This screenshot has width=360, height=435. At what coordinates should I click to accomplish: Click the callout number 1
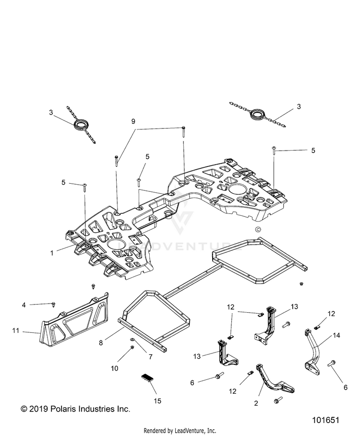coord(52,253)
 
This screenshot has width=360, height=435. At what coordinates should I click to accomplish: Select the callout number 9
coord(133,121)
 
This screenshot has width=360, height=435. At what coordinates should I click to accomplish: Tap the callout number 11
coord(15,330)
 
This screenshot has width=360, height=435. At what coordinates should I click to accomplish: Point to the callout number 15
coord(157,401)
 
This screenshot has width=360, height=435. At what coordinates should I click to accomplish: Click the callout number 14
coord(336,335)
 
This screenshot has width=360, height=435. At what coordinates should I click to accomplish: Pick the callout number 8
coord(101,343)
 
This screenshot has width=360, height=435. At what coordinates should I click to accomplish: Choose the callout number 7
coord(150,357)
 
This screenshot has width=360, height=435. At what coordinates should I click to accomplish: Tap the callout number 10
coord(114,368)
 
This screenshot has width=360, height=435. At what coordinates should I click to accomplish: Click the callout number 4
coord(24,305)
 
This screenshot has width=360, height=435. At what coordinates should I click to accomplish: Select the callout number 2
coord(256,403)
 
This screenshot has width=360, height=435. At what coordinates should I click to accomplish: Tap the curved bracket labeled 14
coord(312,353)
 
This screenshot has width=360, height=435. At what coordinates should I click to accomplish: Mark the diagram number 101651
coord(325,420)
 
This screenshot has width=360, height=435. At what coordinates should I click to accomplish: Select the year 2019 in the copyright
coord(38,409)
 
